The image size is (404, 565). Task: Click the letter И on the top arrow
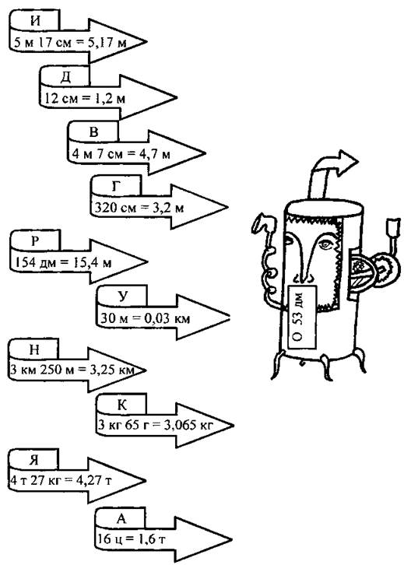[x=35, y=20]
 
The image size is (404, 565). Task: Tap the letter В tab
[x=93, y=132]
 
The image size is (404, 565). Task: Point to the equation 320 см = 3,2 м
[x=139, y=208]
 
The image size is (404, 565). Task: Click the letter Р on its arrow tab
[x=35, y=240]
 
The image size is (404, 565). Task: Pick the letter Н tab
[x=33, y=349]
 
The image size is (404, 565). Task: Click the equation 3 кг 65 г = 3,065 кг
[x=156, y=425]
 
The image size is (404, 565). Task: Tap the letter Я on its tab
[x=34, y=460]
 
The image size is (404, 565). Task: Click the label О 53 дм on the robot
[x=298, y=317]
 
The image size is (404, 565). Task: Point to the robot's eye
[x=326, y=244]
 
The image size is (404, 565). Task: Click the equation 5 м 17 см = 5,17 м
[x=70, y=43]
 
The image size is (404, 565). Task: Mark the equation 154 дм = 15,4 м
[x=62, y=262]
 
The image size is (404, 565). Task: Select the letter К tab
[x=121, y=404]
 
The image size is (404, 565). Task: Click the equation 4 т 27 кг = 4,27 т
[x=61, y=480]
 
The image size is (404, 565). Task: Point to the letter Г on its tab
[x=117, y=186]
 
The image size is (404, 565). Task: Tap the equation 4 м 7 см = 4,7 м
[x=121, y=154]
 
